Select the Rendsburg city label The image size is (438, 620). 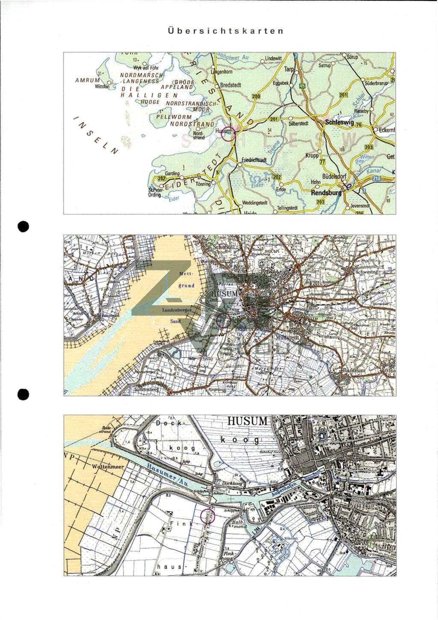326,193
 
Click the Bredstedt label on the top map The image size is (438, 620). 231,85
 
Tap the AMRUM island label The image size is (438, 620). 87,80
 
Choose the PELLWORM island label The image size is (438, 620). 174,117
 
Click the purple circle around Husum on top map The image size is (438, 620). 228,134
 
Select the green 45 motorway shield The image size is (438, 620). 302,86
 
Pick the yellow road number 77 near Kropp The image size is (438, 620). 323,162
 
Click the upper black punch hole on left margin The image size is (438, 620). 23,226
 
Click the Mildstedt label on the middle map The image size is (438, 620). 290,338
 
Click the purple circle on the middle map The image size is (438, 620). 224,320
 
